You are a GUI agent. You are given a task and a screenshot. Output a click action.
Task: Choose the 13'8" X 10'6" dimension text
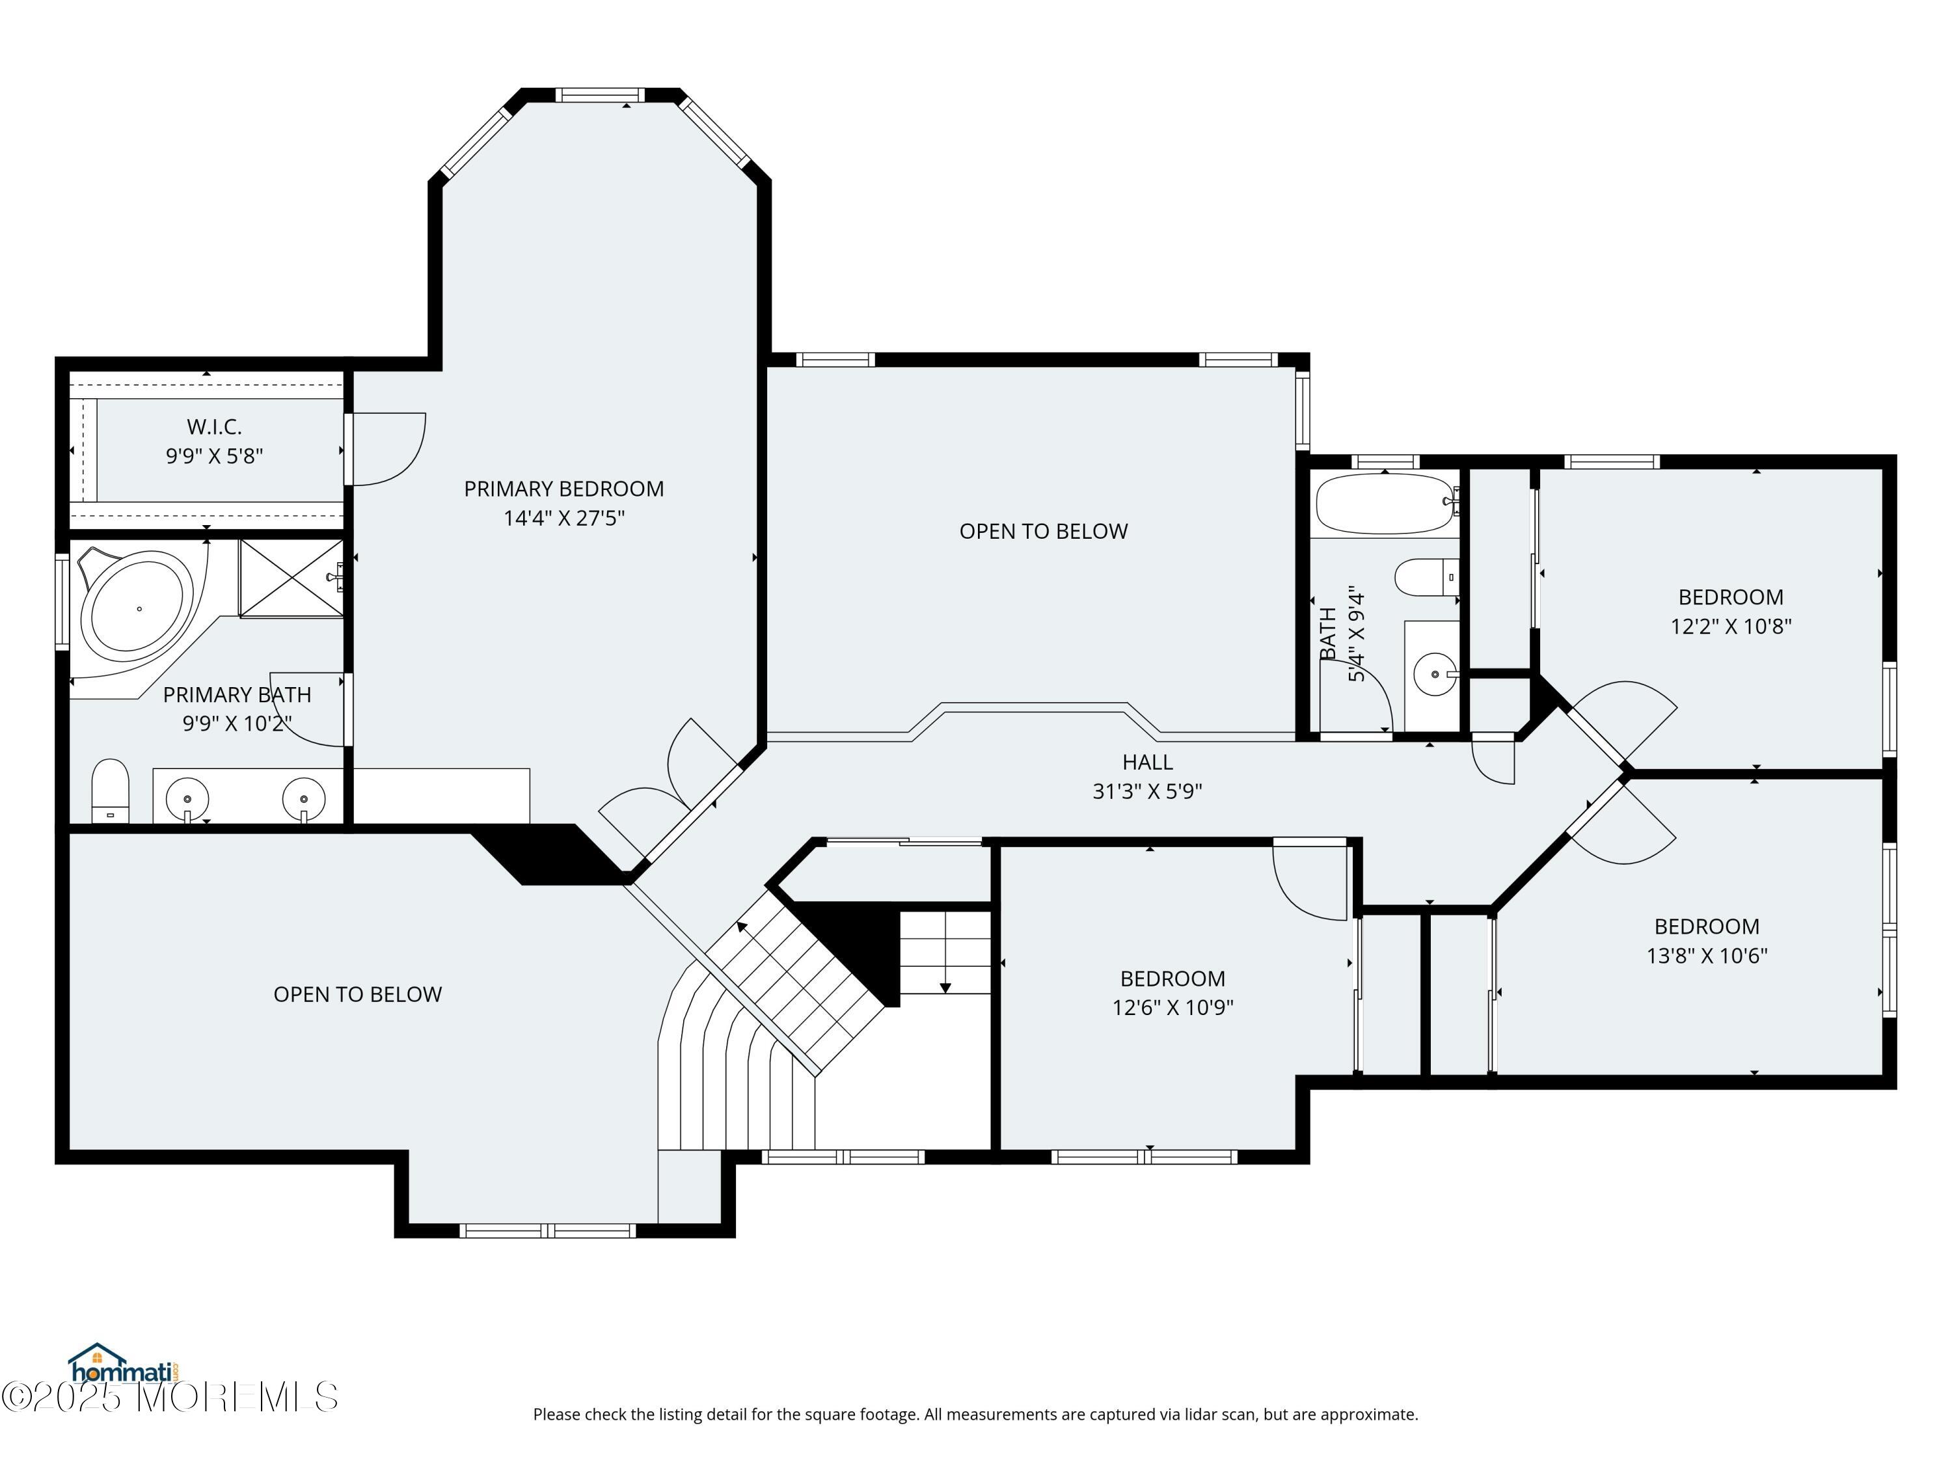point(1706,956)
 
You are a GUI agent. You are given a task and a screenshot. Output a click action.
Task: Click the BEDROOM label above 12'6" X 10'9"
point(1172,979)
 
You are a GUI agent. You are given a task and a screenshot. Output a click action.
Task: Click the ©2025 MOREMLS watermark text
point(169,1397)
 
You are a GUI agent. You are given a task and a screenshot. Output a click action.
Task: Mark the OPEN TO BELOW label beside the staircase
point(357,994)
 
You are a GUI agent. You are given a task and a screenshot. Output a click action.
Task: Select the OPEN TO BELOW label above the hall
point(1043,531)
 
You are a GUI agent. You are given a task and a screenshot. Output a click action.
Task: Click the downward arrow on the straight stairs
point(945,986)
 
